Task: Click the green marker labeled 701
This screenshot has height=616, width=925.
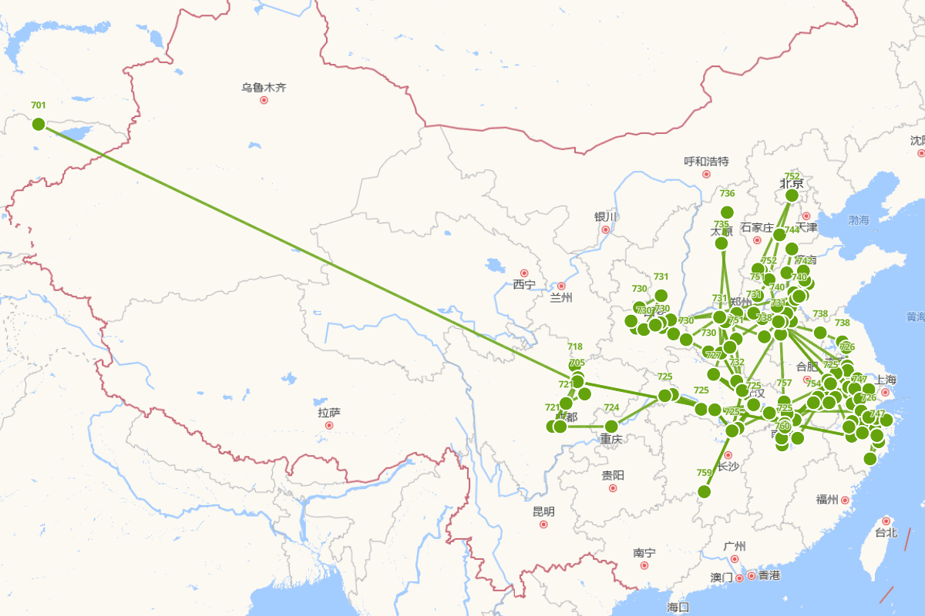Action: click(x=39, y=124)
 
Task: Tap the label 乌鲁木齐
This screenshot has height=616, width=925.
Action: click(x=264, y=88)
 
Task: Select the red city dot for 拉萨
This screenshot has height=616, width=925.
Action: click(x=329, y=425)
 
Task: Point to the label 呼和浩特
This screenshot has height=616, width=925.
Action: click(x=706, y=162)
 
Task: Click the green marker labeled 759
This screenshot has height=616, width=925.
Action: click(x=704, y=491)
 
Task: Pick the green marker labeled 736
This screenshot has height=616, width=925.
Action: click(x=727, y=213)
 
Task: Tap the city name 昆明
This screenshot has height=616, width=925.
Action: click(x=543, y=511)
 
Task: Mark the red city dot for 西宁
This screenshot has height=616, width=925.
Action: click(x=524, y=273)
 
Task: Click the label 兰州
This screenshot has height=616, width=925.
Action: click(x=561, y=298)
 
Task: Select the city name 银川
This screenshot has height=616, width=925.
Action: click(x=606, y=217)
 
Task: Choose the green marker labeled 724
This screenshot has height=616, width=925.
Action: click(x=611, y=426)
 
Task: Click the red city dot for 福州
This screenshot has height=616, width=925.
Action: click(x=846, y=500)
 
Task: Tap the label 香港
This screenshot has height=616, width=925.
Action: click(x=769, y=575)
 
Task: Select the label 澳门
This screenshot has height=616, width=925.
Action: click(x=721, y=577)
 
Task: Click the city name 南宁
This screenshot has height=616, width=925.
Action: click(x=644, y=553)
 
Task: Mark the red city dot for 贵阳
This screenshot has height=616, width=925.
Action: click(x=613, y=487)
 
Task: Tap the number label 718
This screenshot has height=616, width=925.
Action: click(x=575, y=346)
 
